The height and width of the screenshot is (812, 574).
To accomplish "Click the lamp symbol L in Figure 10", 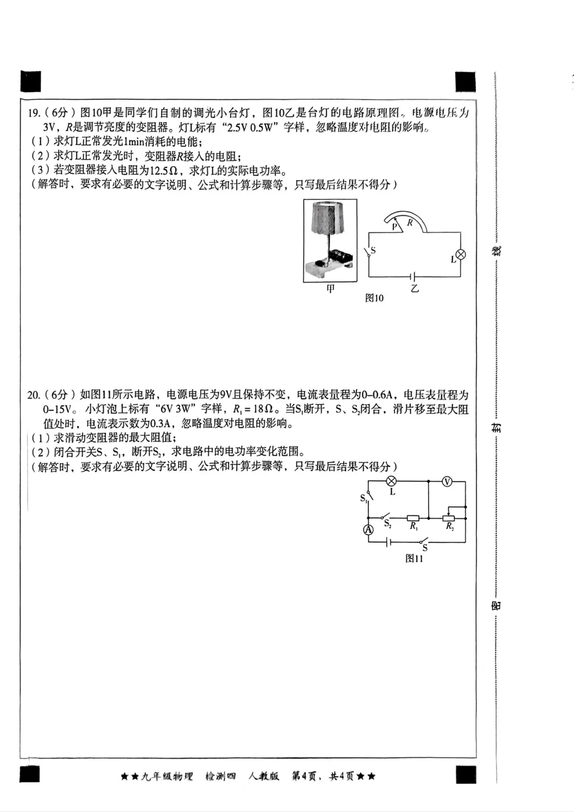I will coord(461,255).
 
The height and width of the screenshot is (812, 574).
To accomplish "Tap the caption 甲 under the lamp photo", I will coord(331,289).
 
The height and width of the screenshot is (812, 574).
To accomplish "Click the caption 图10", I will coord(374,298).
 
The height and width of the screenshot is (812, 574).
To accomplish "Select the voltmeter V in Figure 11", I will coord(447,481).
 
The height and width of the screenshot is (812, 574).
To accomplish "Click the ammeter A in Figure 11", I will coord(368,530).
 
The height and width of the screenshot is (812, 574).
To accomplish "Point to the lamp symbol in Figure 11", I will coord(392,481).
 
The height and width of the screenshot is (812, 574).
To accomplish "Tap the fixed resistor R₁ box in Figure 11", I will coord(413,518).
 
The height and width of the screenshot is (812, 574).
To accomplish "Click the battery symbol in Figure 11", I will coord(390,542).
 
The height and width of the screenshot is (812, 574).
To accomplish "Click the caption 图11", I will coord(414,558).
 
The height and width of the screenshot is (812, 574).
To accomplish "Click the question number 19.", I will coord(33,113).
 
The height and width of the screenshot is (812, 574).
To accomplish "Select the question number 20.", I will coord(33,395).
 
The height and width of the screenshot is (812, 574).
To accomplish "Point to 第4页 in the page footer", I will coord(305,776).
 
